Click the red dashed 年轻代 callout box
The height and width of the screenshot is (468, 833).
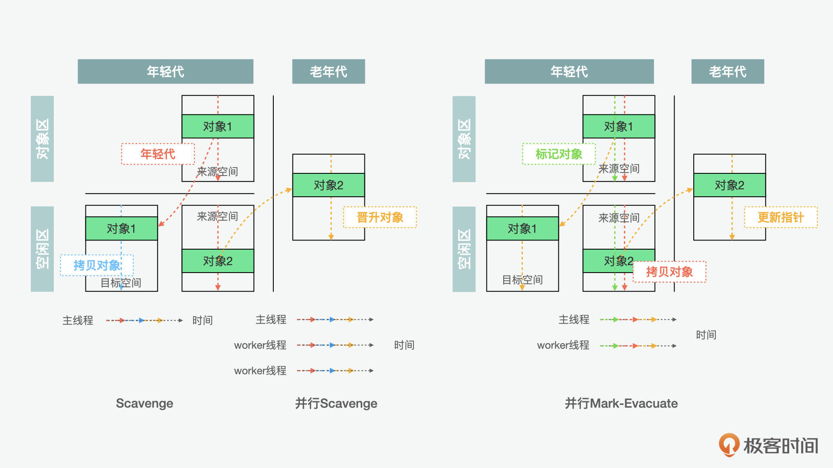157,154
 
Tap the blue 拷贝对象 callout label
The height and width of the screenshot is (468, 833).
97,265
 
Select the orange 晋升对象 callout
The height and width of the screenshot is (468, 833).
380,217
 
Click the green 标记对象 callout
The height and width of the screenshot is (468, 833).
559,154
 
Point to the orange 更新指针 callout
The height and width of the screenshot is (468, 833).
781,217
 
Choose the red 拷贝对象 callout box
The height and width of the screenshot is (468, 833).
669,272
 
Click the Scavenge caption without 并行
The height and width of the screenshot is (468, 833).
144,403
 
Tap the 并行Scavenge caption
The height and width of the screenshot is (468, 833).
336,403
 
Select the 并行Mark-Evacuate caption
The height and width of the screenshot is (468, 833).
621,403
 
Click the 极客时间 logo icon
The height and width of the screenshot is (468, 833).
729,445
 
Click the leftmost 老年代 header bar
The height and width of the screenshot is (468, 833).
328,71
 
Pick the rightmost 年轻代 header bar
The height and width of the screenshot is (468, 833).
569,71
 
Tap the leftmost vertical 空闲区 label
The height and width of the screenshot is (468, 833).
42,249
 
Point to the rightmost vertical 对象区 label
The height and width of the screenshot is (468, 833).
464,139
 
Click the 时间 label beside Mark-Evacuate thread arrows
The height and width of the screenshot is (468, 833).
706,335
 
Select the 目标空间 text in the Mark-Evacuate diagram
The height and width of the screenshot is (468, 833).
522,280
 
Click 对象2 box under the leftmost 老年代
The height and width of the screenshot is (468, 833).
328,185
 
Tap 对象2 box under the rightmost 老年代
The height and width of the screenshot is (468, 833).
729,185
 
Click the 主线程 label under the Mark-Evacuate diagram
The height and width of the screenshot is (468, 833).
574,320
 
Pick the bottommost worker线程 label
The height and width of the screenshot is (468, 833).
260,371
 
